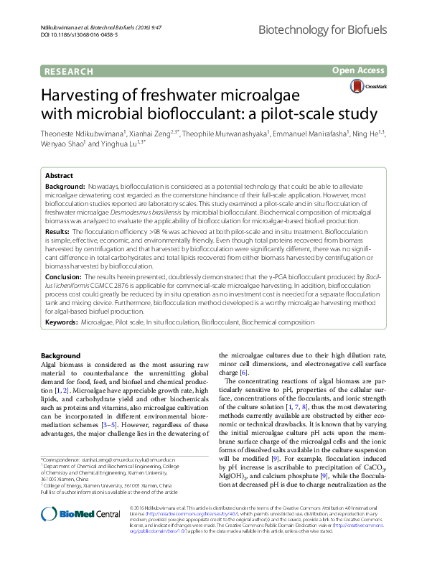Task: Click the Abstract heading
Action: pyautogui.click(x=59, y=176)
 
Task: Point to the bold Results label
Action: pyautogui.click(x=57, y=233)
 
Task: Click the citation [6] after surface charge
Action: pyautogui.click(x=244, y=373)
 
